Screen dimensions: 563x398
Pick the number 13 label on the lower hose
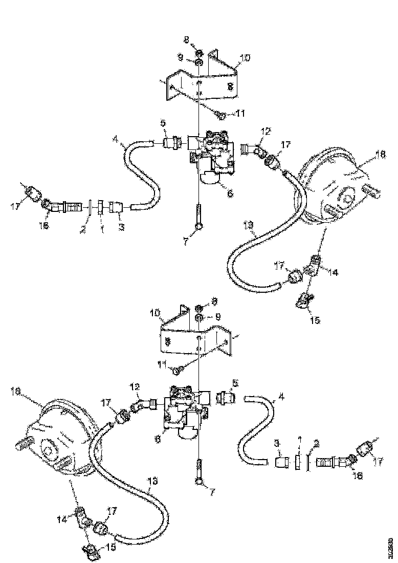coord(153,481)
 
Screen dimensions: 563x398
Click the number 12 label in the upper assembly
coord(264,132)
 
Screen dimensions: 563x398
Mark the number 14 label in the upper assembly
coord(334,273)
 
